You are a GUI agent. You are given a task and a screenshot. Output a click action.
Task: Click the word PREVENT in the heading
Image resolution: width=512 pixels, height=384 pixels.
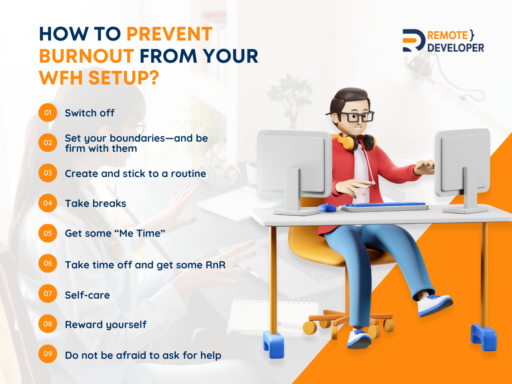tap(169, 34)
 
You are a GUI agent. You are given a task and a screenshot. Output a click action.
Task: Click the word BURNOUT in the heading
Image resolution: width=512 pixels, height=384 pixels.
tap(87, 56)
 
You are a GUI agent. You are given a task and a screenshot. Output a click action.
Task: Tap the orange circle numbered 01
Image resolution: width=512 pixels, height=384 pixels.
tap(48, 113)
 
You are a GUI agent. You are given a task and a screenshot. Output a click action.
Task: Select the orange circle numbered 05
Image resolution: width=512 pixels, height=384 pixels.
tap(48, 233)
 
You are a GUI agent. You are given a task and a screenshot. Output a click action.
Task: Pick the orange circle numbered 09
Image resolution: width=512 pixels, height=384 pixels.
tap(48, 354)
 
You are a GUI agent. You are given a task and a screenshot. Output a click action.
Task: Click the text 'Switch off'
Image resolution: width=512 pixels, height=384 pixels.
tap(90, 113)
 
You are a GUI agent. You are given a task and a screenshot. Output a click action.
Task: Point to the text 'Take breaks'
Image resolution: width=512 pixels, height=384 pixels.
tap(96, 204)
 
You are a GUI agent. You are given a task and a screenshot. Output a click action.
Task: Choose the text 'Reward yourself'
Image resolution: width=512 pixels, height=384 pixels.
tap(106, 325)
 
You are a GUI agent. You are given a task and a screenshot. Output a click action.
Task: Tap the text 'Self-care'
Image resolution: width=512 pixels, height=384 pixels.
tap(87, 295)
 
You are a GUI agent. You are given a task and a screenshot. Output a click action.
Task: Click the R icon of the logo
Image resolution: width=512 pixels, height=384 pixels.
tap(413, 41)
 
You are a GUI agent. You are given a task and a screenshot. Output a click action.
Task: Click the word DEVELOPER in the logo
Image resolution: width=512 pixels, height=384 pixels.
tap(456, 48)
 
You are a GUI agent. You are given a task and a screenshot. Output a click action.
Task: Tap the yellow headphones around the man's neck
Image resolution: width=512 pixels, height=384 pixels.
tap(356, 142)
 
